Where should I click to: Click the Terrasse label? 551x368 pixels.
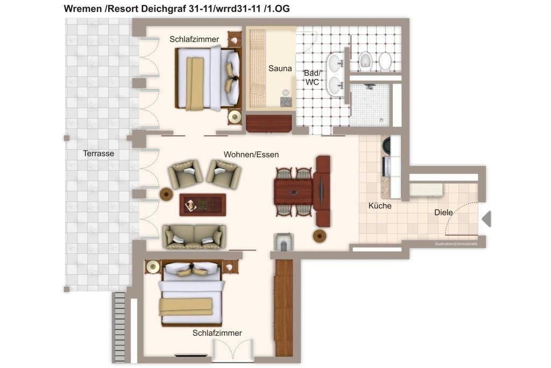pos(98,154)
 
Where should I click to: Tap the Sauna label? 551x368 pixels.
pos(280,68)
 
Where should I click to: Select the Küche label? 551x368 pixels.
pos(380,206)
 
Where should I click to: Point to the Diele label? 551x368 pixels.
pos(443,212)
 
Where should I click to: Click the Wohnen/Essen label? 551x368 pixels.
pos(251,155)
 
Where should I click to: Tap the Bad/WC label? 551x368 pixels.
pos(313,78)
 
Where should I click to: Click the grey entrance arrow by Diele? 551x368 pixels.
pos(486,219)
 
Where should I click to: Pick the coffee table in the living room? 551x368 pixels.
pos(203,205)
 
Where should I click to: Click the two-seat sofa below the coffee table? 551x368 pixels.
pos(194,237)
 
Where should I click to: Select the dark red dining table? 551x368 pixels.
pos(293,192)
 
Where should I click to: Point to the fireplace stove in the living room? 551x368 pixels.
pos(283,242)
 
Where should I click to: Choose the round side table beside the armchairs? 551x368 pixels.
pos(166,194)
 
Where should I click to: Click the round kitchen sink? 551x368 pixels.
pos(386,145)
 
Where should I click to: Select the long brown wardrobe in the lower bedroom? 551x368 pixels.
pos(284,308)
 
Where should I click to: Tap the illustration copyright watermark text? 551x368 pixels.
pos(456,244)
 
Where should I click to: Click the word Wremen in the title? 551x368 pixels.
pos(83,9)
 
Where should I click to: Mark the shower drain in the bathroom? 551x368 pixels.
pos(382,120)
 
